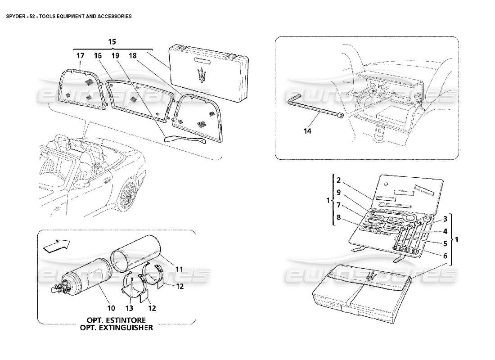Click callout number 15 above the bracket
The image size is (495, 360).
tap(112, 41)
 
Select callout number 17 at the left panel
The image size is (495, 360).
tap(80, 56)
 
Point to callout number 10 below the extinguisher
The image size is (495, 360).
tap(111, 309)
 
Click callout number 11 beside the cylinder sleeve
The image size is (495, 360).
tap(180, 269)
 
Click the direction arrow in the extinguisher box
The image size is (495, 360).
tap(56, 246)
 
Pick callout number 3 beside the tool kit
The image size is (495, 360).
tap(444, 219)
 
